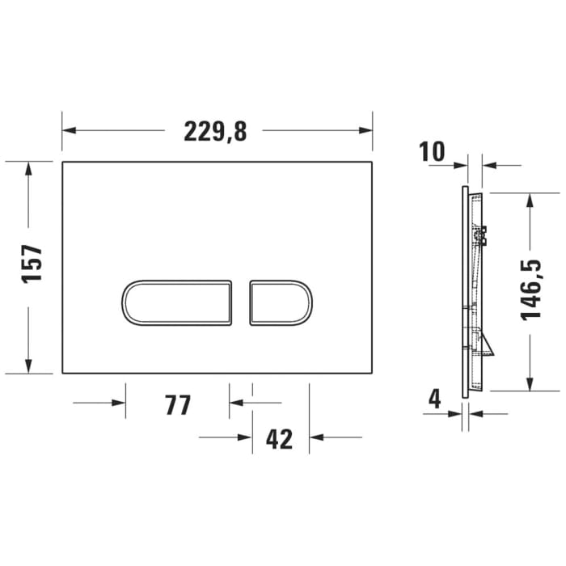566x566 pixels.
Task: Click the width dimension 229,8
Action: (x=214, y=131)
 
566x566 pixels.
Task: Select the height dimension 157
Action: (x=32, y=264)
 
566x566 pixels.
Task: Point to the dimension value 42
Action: (x=279, y=439)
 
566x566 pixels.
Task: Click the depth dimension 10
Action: (x=433, y=151)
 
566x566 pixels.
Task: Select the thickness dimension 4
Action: (x=435, y=399)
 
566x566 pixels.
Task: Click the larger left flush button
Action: (x=177, y=303)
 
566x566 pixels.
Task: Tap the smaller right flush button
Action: (x=281, y=303)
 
